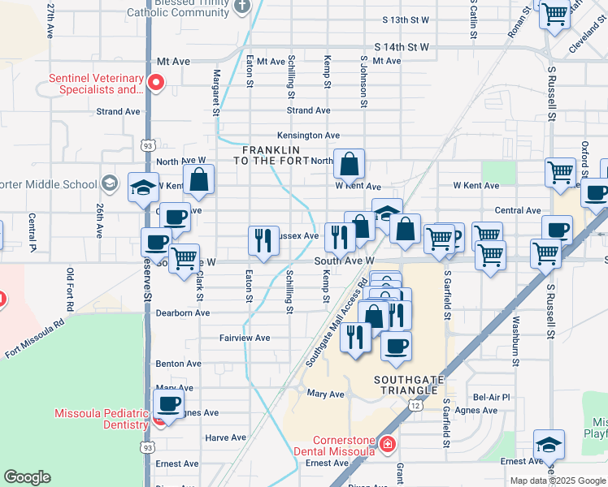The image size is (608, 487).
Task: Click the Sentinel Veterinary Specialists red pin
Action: tap(154, 81)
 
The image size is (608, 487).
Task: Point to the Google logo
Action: tap(28, 477)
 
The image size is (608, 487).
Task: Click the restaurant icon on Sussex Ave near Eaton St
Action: tap(263, 239)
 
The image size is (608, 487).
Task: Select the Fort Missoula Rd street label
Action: tap(34, 338)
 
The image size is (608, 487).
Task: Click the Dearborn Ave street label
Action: tap(186, 312)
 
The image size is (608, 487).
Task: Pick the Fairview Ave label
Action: tap(245, 338)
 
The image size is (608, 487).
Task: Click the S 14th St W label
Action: tap(402, 48)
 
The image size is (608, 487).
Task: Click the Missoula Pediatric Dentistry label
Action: tap(102, 418)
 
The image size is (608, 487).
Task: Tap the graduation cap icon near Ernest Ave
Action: tap(549, 443)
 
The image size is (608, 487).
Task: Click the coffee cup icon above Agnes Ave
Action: tap(168, 403)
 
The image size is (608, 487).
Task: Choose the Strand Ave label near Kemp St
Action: tap(308, 110)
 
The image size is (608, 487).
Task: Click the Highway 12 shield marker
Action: tap(415, 403)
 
